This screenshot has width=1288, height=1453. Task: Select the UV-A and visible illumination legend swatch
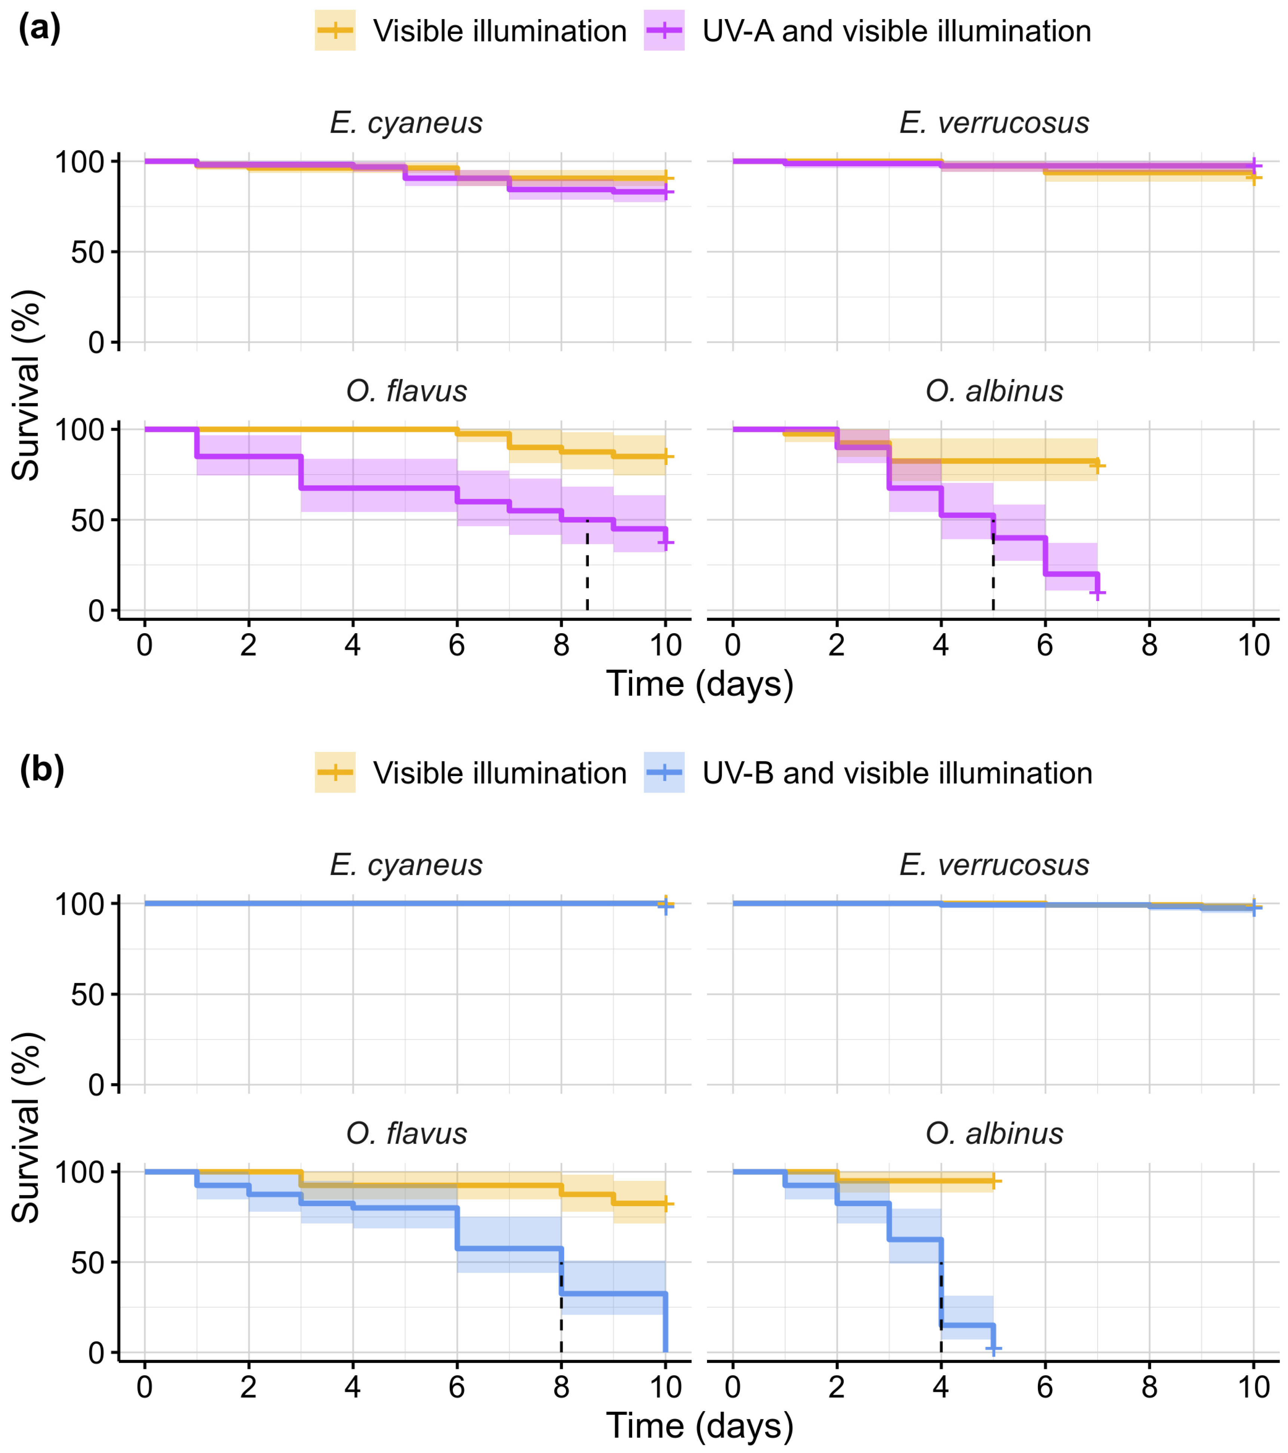[664, 31]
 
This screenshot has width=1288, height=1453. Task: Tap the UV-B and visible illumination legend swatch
[664, 773]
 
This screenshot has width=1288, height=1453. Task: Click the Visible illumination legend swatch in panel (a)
[335, 31]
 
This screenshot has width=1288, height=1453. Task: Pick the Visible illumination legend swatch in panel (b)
[335, 773]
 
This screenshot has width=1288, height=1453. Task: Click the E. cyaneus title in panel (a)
[406, 123]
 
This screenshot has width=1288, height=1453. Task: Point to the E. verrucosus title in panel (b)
[994, 865]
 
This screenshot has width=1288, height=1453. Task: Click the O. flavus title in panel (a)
[406, 391]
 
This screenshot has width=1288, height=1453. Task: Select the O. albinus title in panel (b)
[994, 1133]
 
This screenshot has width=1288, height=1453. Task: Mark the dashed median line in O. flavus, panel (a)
[587, 565]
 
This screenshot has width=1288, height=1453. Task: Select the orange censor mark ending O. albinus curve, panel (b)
[993, 1181]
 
